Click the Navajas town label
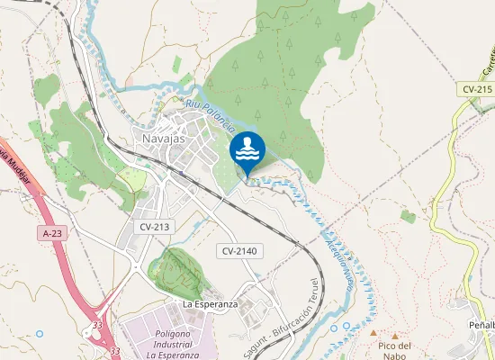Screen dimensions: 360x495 pos(163,139)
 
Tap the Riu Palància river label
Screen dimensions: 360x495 pos(211,116)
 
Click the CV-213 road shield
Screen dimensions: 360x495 pos(155,228)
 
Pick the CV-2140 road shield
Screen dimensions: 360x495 pos(240,250)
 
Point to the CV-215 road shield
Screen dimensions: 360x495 pos(477,89)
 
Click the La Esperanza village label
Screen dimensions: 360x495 pos(210,304)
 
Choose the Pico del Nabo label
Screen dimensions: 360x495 pos(394,350)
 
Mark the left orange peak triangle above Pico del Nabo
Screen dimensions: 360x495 pos(373,332)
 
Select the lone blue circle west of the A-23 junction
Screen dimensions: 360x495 pos(40,334)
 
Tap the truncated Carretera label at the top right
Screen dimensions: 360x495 pos(486,60)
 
